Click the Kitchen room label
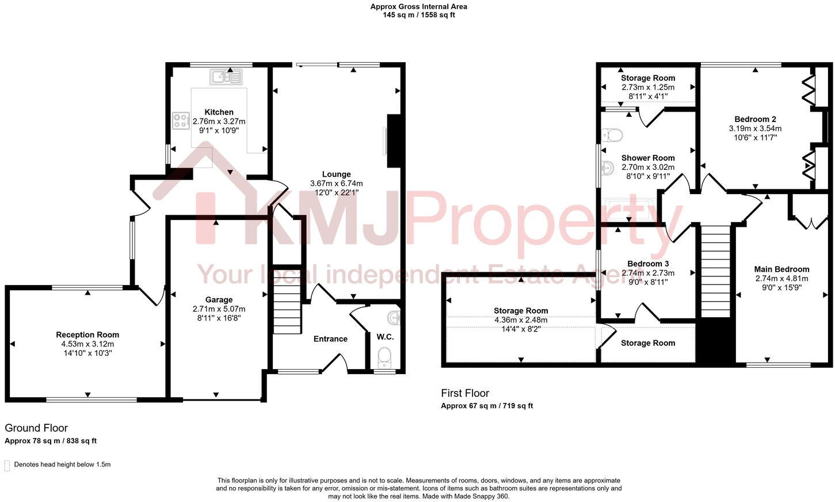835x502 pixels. (219, 112)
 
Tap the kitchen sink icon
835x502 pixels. (227, 77)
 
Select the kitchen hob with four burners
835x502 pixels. (181, 121)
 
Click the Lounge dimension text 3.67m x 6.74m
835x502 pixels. (336, 184)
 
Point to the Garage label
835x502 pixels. (219, 299)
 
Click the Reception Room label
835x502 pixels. (87, 334)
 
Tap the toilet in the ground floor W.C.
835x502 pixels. (384, 356)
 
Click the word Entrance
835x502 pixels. (330, 339)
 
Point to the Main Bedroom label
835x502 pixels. (781, 269)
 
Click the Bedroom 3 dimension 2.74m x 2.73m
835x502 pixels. (648, 273)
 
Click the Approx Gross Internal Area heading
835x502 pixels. (418, 7)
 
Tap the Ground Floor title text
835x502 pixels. (36, 428)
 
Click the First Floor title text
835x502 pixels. (465, 393)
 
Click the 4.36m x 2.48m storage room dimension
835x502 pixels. (520, 320)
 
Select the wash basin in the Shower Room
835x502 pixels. (608, 169)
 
